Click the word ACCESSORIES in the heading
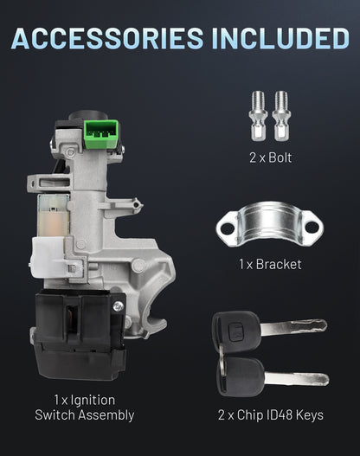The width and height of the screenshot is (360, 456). [x=107, y=38]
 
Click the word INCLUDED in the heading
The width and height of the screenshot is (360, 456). [x=280, y=38]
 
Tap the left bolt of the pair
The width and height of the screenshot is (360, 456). [x=258, y=116]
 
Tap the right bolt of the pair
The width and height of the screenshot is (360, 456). [x=281, y=116]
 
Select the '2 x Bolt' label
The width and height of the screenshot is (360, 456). [x=271, y=157]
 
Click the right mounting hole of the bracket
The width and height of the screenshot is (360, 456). [x=312, y=227]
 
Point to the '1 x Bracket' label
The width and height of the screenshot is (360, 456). [x=270, y=264]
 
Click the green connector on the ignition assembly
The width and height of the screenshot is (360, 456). [x=100, y=134]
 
